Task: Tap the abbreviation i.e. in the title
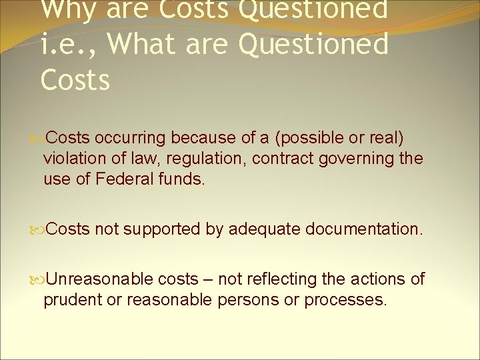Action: pyautogui.click(x=65, y=45)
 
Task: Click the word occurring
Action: pyautogui.click(x=131, y=138)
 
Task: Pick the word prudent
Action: pyautogui.click(x=71, y=300)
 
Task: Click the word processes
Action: pyautogui.click(x=345, y=300)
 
